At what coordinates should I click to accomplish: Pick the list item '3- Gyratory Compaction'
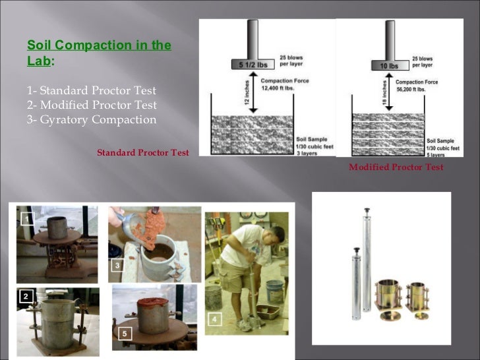tap(92, 119)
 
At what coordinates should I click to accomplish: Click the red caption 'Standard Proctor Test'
tap(143, 153)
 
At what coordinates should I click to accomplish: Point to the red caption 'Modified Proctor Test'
tap(396, 167)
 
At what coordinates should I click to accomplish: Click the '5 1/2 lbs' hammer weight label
tap(249, 65)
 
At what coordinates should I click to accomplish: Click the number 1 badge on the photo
tap(26, 218)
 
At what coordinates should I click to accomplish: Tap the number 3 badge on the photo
tap(117, 265)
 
